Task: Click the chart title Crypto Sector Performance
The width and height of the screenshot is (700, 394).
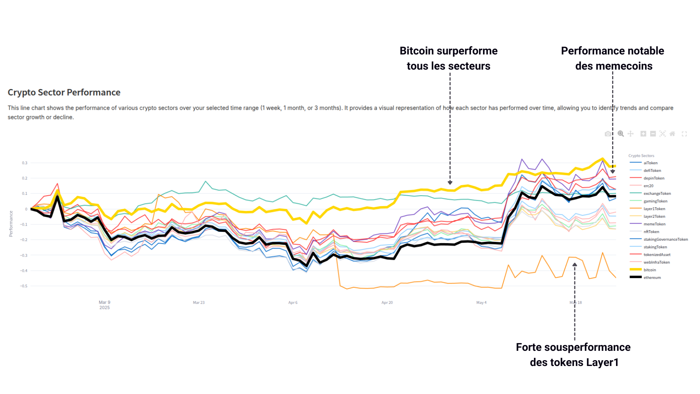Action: click(64, 93)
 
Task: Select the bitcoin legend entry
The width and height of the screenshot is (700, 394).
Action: click(649, 270)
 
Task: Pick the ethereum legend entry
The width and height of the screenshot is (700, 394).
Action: click(652, 278)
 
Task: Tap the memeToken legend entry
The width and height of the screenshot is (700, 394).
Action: click(654, 224)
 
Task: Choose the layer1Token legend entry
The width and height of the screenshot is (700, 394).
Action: click(654, 209)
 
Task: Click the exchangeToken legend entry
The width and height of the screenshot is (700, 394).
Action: click(657, 194)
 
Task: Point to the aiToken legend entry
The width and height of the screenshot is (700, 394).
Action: click(650, 163)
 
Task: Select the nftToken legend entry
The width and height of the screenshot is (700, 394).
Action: click(651, 232)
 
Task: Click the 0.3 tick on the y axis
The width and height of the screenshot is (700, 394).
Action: click(24, 163)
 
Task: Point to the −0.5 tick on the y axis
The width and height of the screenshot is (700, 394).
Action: click(24, 286)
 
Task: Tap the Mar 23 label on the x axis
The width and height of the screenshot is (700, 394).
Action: click(199, 303)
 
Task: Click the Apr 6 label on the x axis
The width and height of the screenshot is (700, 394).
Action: click(293, 303)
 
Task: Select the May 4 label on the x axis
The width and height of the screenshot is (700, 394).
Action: click(481, 303)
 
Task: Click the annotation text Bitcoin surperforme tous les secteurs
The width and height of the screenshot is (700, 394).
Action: click(448, 58)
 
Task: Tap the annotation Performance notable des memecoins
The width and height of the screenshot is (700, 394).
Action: click(612, 58)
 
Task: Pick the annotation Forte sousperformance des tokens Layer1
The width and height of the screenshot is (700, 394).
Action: click(573, 355)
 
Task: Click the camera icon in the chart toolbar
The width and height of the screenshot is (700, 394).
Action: click(608, 134)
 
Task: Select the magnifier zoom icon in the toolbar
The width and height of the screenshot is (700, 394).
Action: click(621, 134)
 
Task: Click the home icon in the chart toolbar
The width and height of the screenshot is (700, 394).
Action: click(672, 134)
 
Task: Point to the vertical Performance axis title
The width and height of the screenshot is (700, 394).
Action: click(11, 224)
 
